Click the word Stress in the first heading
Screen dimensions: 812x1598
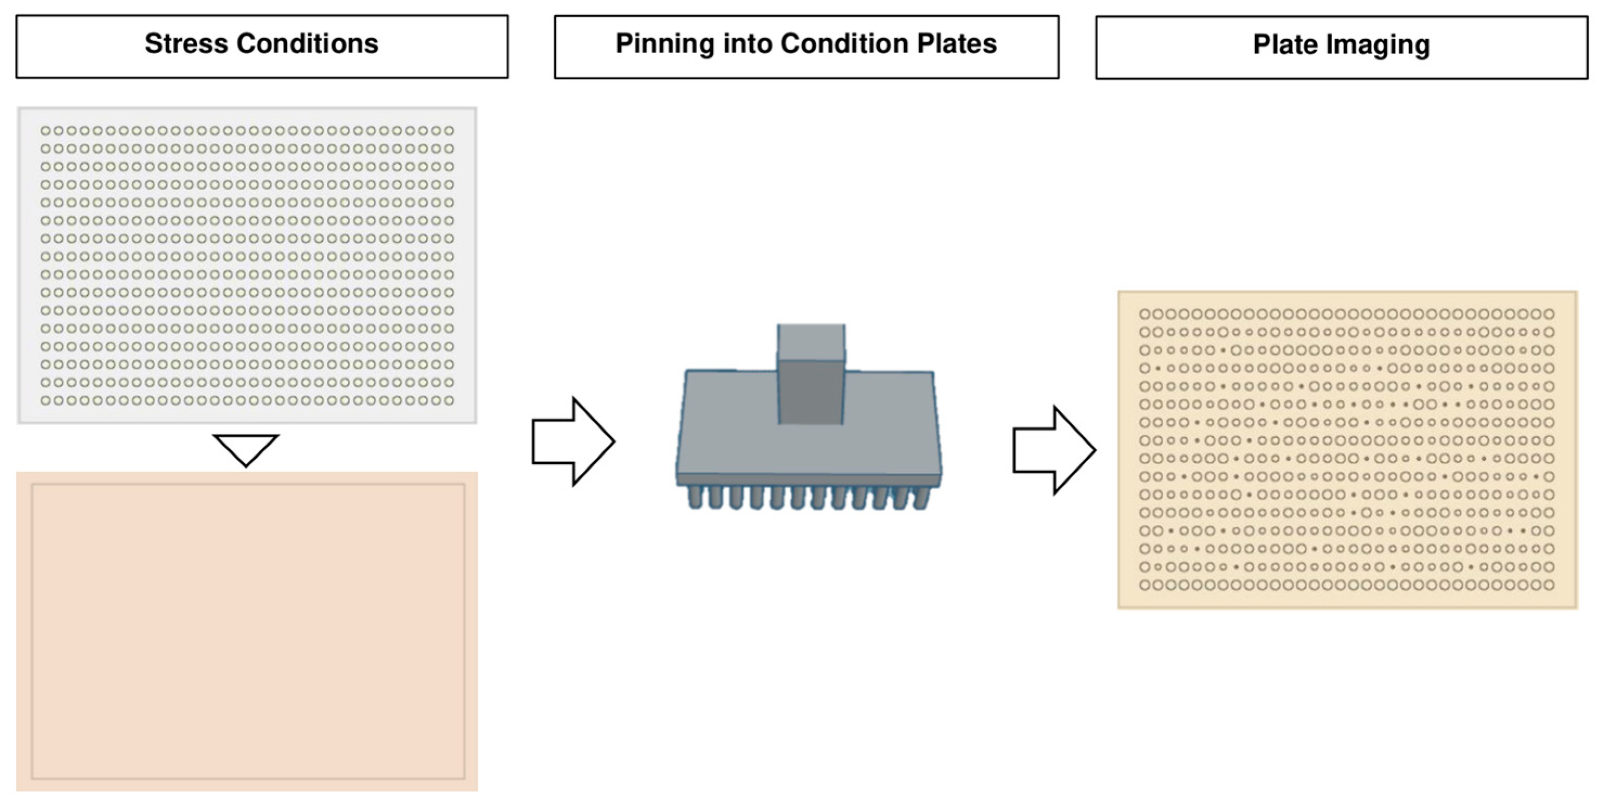[185, 43]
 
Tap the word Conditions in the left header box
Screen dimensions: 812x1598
[307, 43]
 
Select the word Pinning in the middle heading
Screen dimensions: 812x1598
[664, 43]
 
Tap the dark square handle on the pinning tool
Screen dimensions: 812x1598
[811, 392]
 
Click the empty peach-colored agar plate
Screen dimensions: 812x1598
[247, 631]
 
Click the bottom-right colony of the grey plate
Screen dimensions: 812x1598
[449, 401]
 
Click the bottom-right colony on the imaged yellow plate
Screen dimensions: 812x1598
[1549, 585]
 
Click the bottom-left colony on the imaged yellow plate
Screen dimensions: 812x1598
[1145, 585]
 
